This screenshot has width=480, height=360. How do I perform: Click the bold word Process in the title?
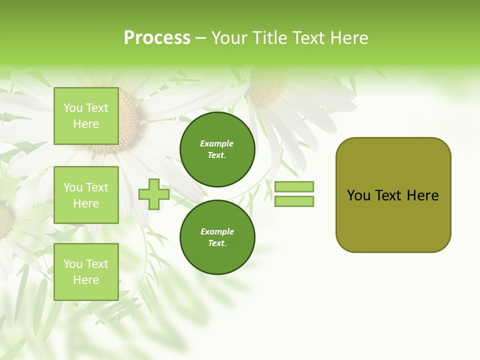click(157, 38)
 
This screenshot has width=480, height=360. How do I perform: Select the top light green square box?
click(86, 116)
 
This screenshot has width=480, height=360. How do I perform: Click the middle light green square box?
click(86, 195)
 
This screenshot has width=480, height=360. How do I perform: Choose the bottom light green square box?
click(86, 272)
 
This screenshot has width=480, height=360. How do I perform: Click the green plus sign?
click(154, 194)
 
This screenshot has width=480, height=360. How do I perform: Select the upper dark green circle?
click(217, 149)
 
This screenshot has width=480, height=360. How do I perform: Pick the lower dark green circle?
click(217, 237)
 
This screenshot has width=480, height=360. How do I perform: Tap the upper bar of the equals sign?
click(294, 186)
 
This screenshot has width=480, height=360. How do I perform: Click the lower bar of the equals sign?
click(294, 201)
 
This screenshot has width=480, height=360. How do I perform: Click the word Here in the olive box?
click(422, 195)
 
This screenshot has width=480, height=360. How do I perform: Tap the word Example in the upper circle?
click(217, 143)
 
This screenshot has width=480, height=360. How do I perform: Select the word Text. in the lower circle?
click(217, 243)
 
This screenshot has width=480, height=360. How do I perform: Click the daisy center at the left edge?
click(5, 220)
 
